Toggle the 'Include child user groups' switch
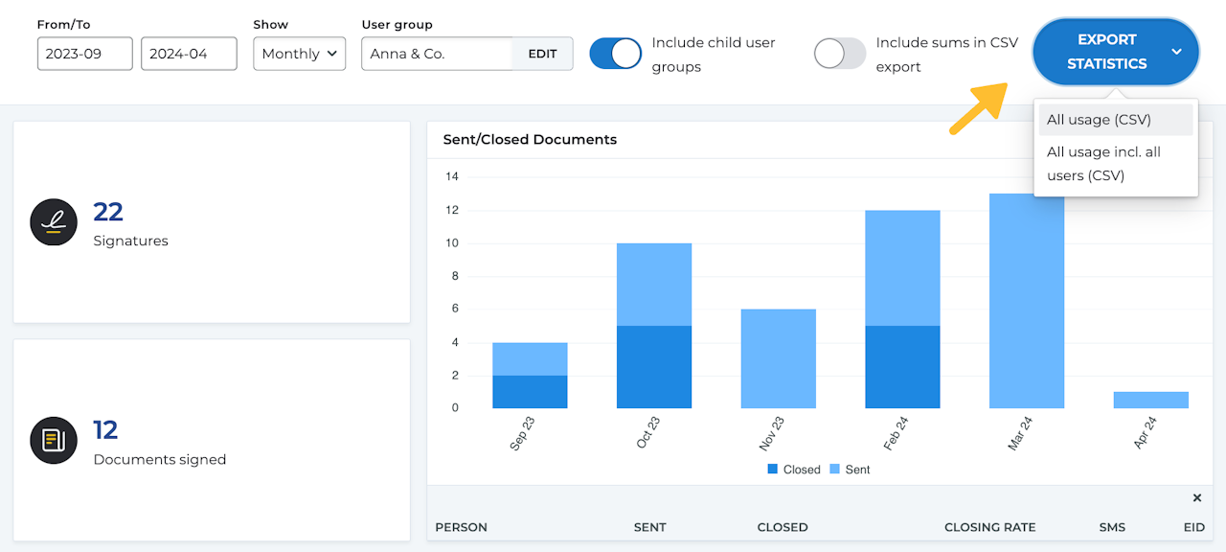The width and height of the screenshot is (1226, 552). [x=615, y=54]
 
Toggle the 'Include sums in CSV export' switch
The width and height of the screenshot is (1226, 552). [x=840, y=54]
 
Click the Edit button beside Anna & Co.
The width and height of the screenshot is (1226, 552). [x=542, y=54]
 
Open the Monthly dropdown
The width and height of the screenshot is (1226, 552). [x=299, y=54]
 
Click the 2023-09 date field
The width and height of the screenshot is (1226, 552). [x=85, y=54]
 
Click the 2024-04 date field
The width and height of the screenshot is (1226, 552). [x=189, y=54]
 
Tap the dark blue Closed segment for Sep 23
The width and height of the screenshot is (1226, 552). [x=530, y=392]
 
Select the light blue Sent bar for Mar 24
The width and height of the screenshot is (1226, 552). [x=1027, y=301]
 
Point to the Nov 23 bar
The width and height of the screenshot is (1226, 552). [x=778, y=358]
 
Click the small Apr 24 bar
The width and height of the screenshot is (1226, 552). [x=1150, y=400]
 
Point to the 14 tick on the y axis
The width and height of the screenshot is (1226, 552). [x=452, y=176]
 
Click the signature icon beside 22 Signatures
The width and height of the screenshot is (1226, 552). [x=54, y=222]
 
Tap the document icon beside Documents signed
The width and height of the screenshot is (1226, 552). [x=54, y=441]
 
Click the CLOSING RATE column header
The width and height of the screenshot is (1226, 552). [x=989, y=527]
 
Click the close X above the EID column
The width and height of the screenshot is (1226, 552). [x=1196, y=497]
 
